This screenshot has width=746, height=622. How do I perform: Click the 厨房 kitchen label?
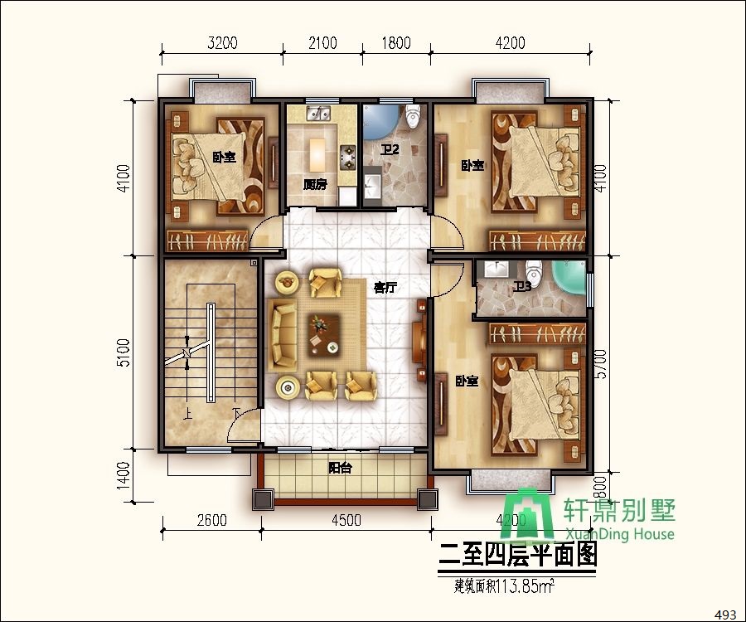click(x=315, y=185)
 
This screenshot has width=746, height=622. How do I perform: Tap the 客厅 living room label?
click(x=385, y=288)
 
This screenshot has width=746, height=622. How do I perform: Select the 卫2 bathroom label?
click(x=390, y=151)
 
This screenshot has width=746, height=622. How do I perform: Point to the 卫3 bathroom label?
click(x=522, y=287)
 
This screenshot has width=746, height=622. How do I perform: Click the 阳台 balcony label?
click(x=340, y=468)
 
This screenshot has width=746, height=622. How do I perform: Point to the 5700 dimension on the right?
click(x=602, y=363)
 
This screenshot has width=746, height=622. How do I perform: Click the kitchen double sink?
click(x=318, y=114)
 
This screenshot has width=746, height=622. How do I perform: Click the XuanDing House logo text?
click(x=619, y=534)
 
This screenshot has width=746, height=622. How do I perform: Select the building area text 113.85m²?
click(x=505, y=587)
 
